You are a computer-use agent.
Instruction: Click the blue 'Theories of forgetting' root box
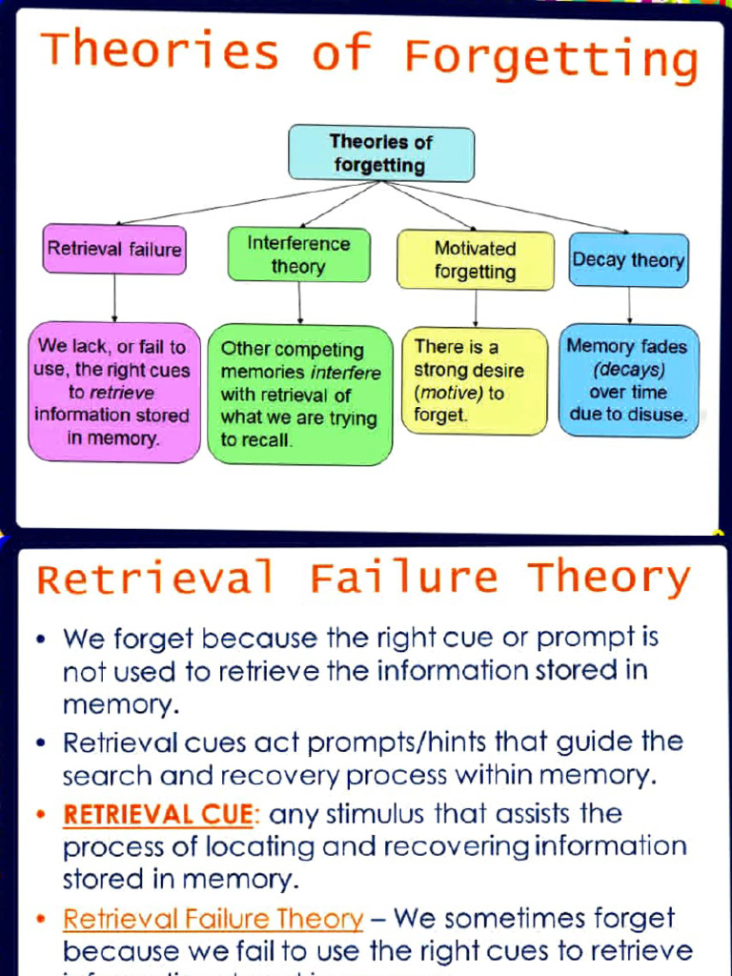pos(381,153)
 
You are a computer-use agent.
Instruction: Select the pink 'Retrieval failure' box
pos(114,249)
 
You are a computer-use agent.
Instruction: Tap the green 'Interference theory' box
pos(298,254)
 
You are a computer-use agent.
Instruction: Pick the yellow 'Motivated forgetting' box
pos(475,260)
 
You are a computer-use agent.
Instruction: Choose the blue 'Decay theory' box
pos(628,259)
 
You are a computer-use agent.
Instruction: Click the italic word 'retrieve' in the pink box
pos(122,392)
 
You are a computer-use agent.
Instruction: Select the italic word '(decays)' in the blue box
pos(628,369)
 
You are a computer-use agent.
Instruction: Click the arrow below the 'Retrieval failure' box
pos(114,297)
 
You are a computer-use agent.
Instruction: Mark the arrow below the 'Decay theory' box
pos(629,305)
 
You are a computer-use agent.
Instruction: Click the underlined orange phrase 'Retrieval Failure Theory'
pos(213,920)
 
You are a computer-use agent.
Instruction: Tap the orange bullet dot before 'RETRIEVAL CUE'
pos(41,816)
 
